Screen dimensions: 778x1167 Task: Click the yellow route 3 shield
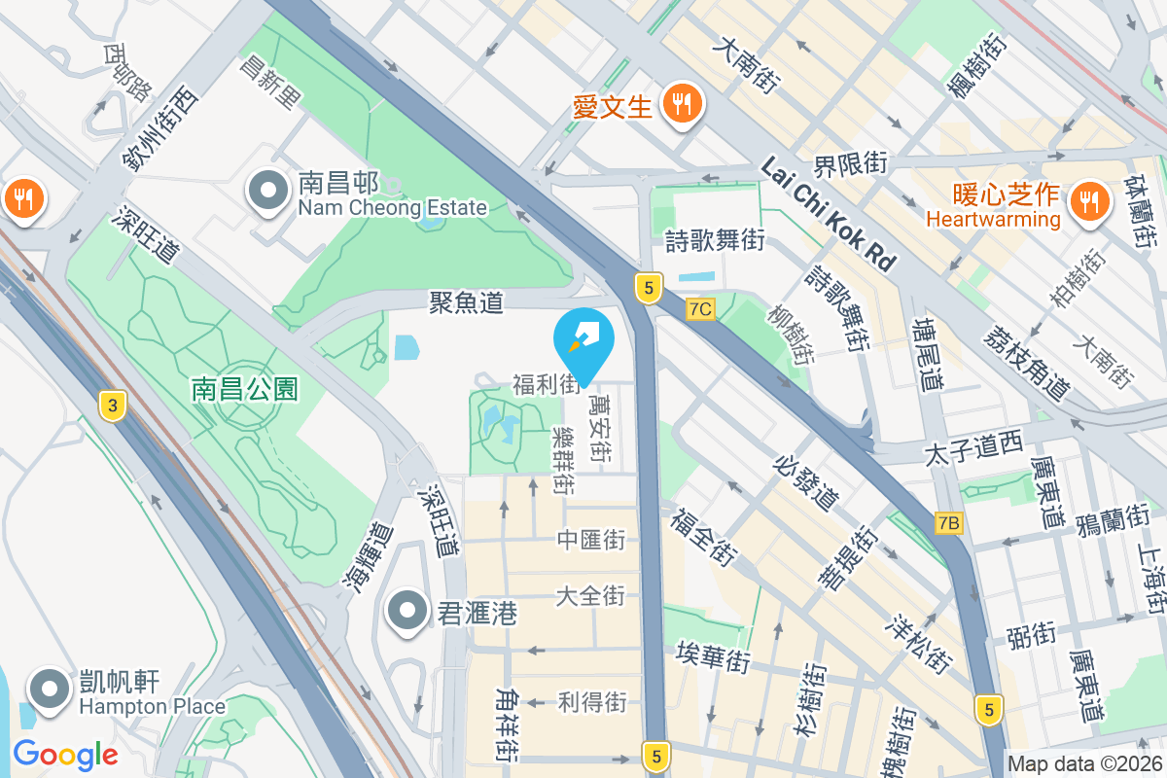[113, 406]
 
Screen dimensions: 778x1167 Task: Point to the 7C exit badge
[700, 309]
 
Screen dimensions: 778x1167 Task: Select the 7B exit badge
[948, 523]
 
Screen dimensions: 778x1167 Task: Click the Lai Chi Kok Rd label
[828, 214]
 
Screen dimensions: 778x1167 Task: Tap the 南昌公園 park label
[245, 390]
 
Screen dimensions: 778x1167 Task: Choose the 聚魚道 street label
[467, 302]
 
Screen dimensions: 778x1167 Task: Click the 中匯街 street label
[591, 540]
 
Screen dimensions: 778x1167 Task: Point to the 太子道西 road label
[973, 448]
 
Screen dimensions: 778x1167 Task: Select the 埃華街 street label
[714, 657]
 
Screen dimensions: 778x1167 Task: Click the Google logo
[65, 754]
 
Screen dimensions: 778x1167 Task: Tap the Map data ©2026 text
[1084, 764]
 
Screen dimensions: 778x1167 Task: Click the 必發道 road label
[806, 482]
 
